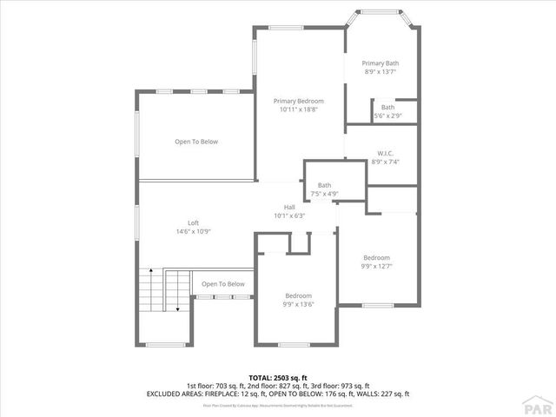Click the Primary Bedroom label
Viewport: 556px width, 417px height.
pos(299,101)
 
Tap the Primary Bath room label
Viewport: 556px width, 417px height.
pos(381,63)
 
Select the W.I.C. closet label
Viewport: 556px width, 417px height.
pos(386,152)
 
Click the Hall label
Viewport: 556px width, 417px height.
pos(289,207)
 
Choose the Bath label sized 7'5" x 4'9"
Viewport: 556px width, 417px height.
pos(324,185)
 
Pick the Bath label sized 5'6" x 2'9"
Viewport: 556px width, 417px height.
pos(387,107)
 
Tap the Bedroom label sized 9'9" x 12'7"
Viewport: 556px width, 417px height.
pos(377,258)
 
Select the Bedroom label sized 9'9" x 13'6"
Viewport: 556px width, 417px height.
pos(298,295)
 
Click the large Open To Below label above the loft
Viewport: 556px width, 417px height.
pos(196,142)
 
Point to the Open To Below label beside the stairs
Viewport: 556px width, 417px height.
pos(223,284)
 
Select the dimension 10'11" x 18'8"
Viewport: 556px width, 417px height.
pos(299,110)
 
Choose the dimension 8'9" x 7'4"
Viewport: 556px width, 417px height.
pos(386,162)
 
